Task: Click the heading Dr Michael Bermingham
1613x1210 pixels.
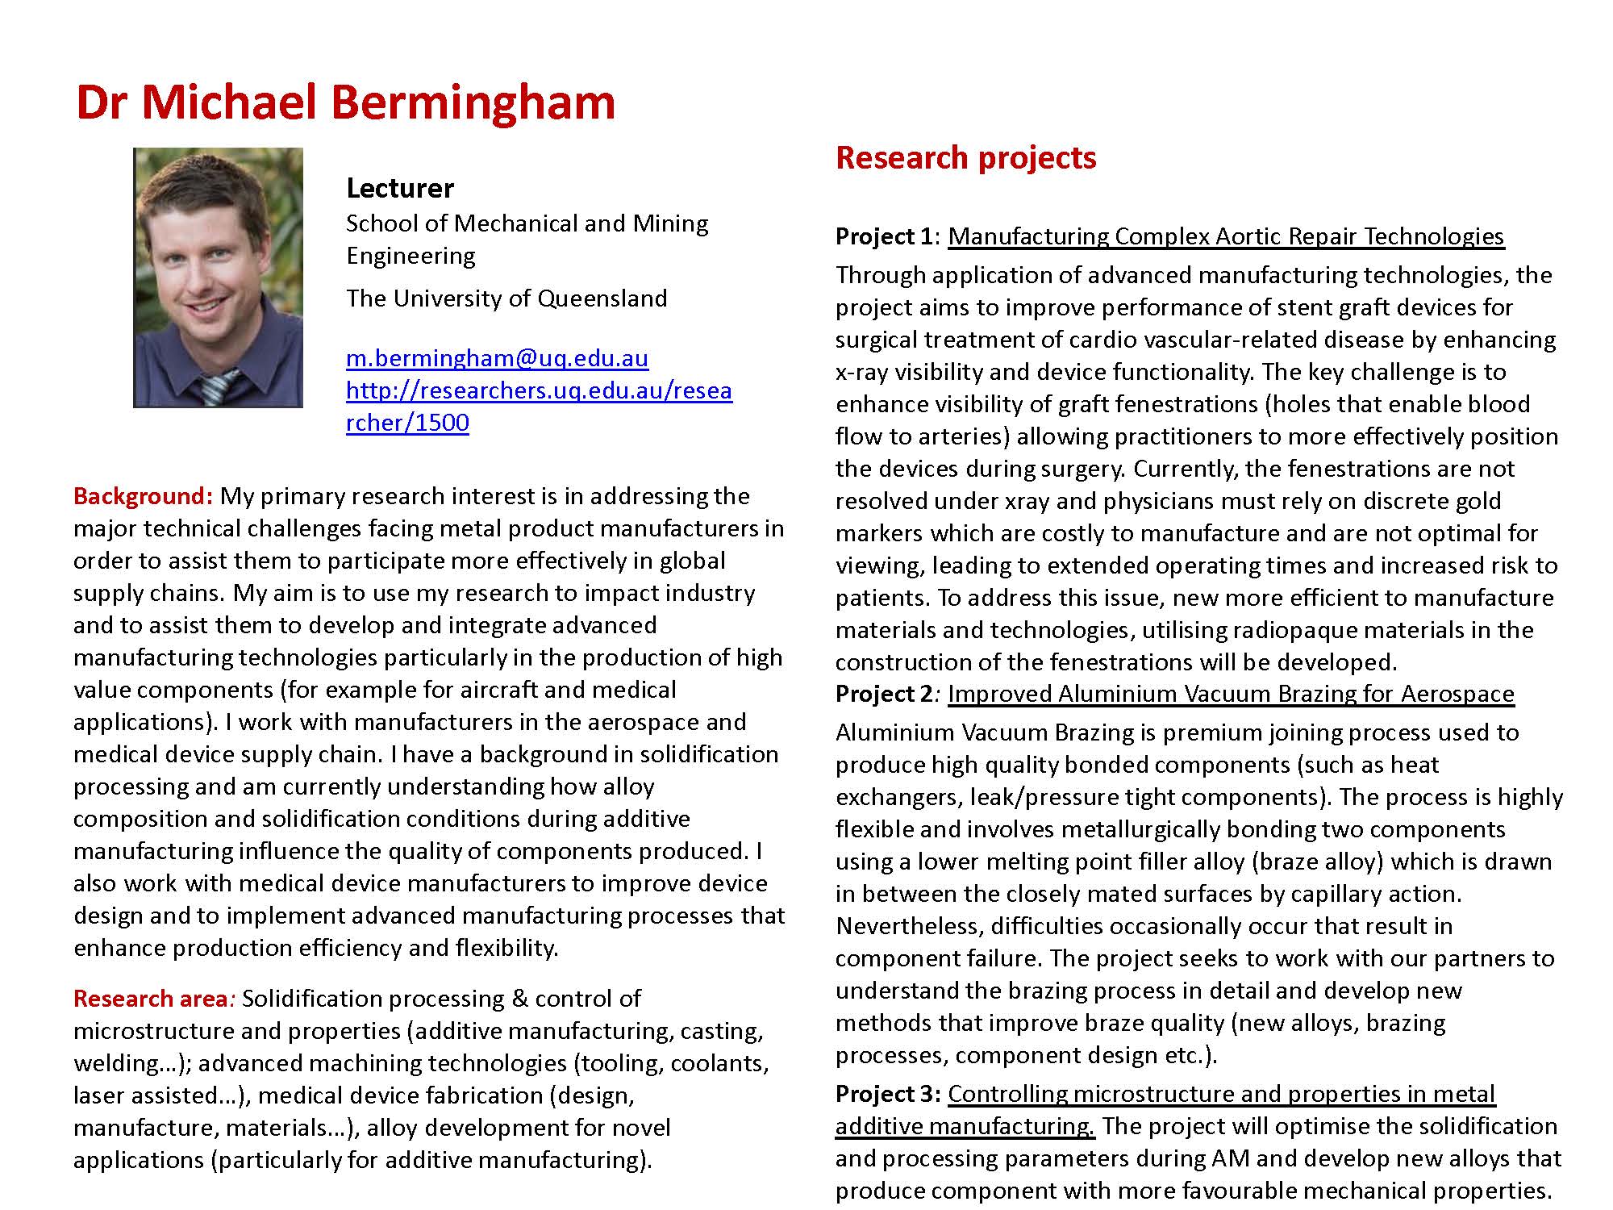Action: point(345,102)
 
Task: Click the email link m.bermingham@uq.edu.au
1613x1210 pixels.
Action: point(497,358)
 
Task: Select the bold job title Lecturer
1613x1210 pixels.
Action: point(400,189)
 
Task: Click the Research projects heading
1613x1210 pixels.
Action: point(965,158)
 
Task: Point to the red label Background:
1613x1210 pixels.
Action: point(143,496)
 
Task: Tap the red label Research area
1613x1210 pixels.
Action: point(151,999)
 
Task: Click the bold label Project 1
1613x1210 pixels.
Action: point(884,236)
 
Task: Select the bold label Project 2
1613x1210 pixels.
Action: point(884,694)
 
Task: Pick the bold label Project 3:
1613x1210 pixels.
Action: point(888,1094)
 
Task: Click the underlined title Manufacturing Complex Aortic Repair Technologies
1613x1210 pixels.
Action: point(1226,236)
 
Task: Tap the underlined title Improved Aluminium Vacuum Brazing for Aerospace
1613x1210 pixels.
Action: point(1231,694)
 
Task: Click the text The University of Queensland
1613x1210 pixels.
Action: point(506,298)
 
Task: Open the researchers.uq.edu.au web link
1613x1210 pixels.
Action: point(539,391)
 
